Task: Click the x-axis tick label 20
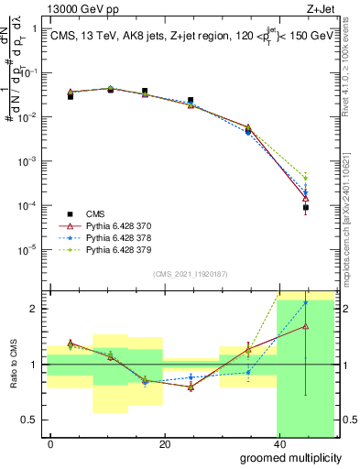tap(164, 444)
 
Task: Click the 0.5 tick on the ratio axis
tap(31, 420)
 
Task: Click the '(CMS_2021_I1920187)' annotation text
tap(191, 274)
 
